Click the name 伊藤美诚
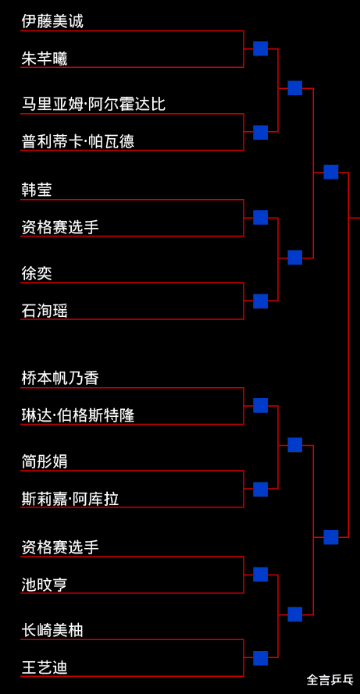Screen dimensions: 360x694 [x=52, y=22]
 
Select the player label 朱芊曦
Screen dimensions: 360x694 [x=45, y=59]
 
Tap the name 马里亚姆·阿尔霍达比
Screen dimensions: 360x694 [x=94, y=105]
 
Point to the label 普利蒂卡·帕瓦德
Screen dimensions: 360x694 [x=77, y=141]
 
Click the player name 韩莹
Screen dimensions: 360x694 [x=37, y=190]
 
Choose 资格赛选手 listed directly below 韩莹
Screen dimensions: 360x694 [x=60, y=227]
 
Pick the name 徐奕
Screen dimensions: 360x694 [x=37, y=273]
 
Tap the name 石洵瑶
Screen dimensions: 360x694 [x=45, y=311]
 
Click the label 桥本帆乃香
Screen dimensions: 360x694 [x=60, y=379]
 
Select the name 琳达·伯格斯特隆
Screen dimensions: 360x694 [x=77, y=415]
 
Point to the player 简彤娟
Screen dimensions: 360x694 [x=45, y=461]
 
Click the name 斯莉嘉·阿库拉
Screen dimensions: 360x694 [x=70, y=499]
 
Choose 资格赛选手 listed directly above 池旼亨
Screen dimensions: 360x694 [x=60, y=547]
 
